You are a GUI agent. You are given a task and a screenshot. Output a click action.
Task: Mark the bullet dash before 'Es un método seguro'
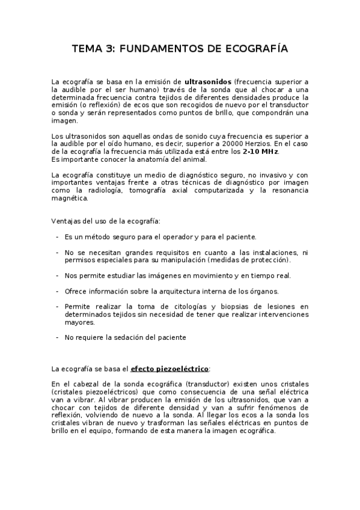coord(57,237)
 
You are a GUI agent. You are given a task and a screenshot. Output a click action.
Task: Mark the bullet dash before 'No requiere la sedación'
coord(57,338)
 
